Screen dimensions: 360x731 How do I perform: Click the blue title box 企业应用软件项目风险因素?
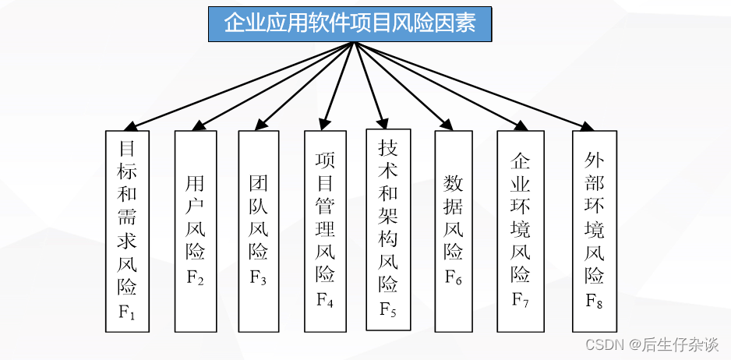pos(350,23)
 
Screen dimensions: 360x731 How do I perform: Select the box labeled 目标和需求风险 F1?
pos(127,230)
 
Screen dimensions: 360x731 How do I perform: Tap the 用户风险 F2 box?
pos(196,230)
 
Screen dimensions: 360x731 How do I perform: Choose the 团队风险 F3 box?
pos(259,230)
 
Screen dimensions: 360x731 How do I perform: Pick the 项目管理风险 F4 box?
pos(326,230)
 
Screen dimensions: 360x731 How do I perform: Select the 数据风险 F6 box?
pos(454,230)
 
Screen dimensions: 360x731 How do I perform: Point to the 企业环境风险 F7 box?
pos(521,230)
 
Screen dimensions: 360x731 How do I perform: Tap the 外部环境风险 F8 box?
pos(595,230)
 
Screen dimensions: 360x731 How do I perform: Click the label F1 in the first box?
pos(127,316)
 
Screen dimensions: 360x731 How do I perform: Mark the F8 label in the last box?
pos(595,301)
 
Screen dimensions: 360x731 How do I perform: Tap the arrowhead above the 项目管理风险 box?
pos(323,123)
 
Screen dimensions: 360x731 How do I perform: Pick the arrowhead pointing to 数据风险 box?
pos(447,123)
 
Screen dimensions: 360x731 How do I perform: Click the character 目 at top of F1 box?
pos(127,148)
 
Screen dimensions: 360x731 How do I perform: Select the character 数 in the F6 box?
pos(454,184)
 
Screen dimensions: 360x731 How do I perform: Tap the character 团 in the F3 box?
pos(259,184)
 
